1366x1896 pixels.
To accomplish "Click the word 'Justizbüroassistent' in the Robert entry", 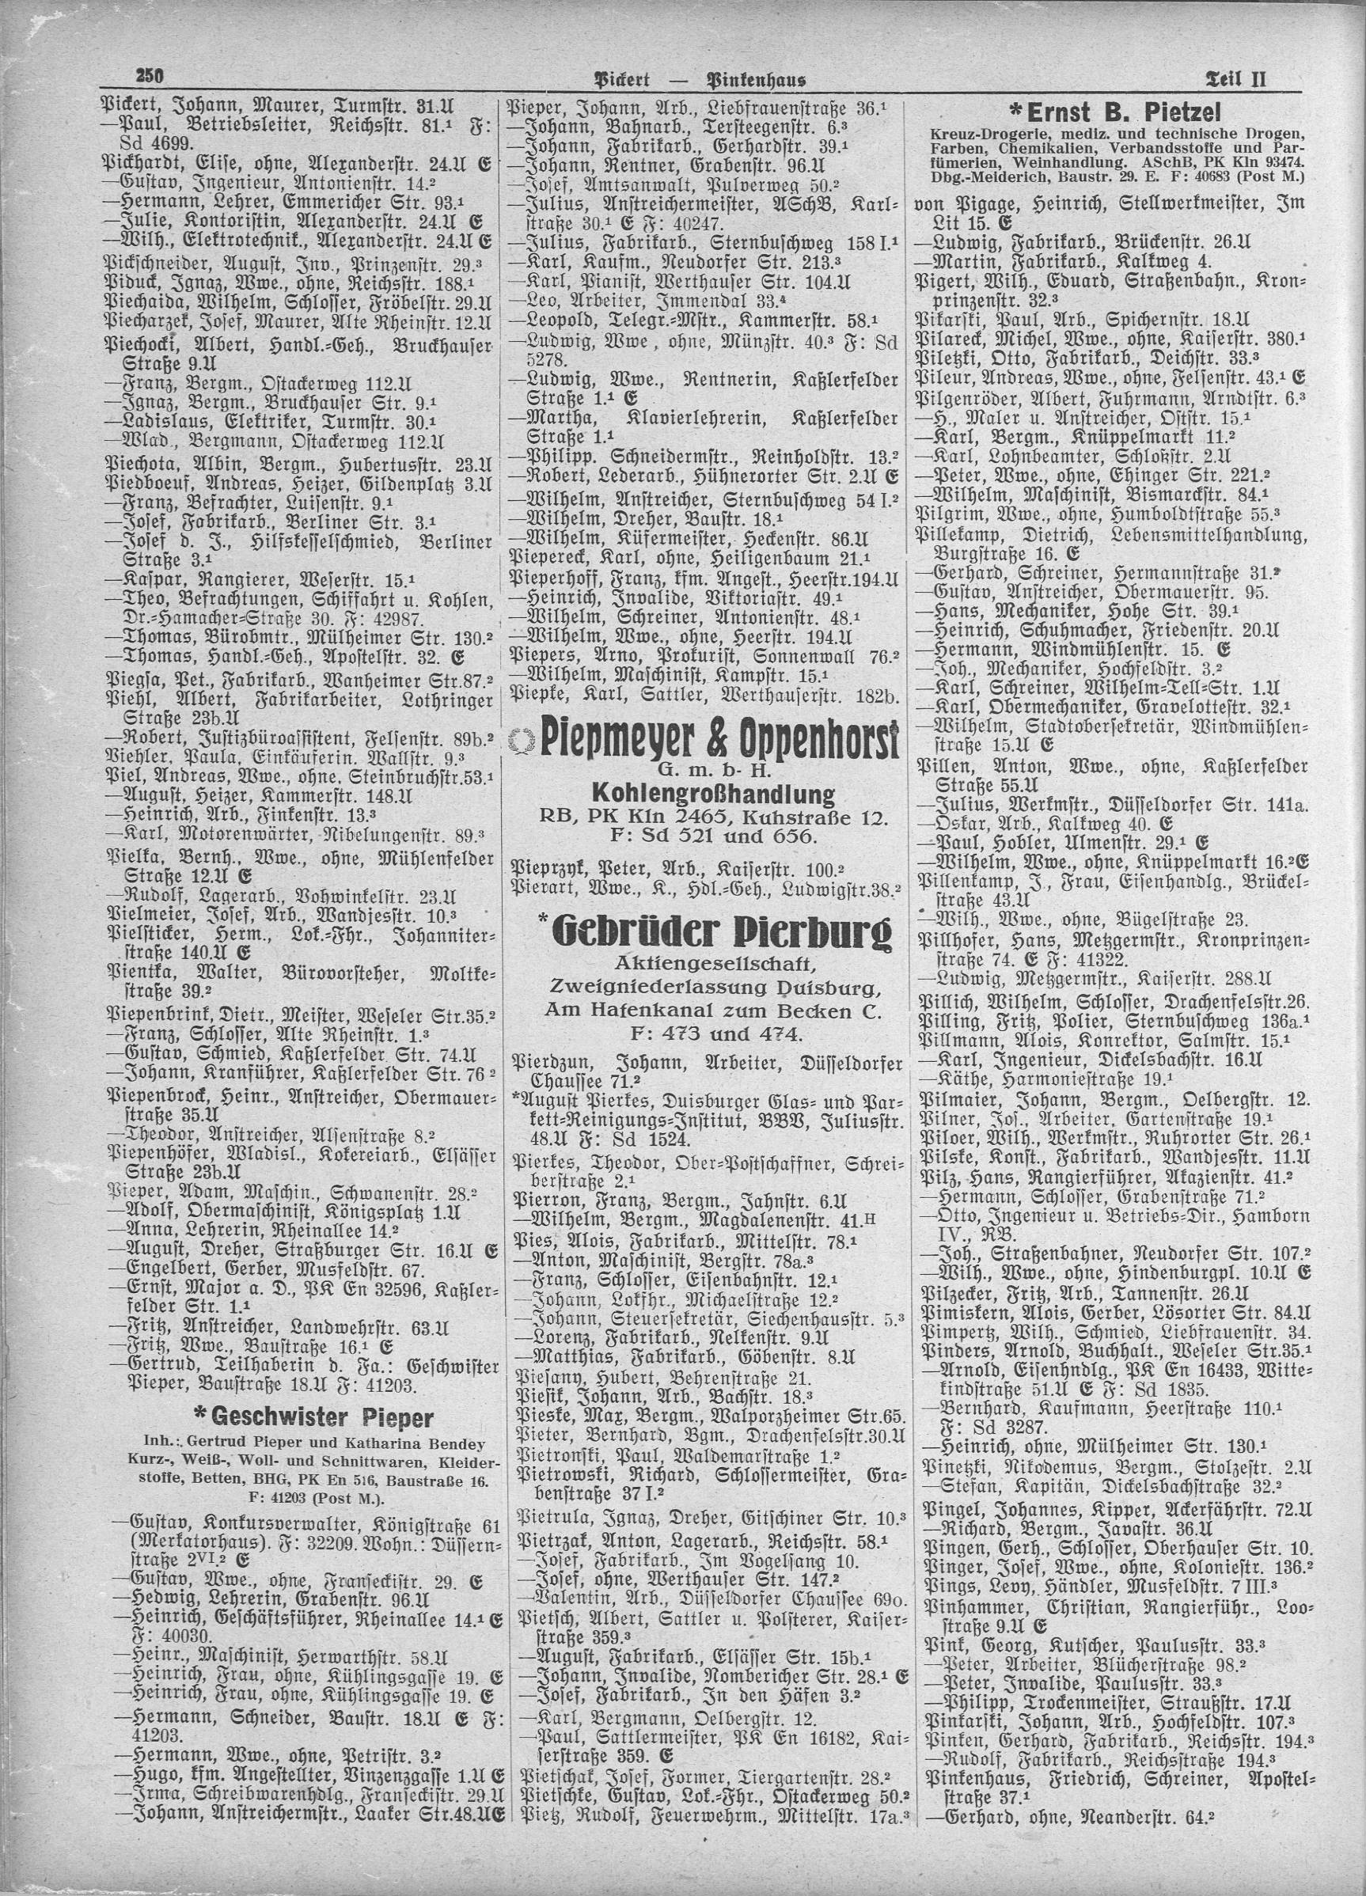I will (x=273, y=738).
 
